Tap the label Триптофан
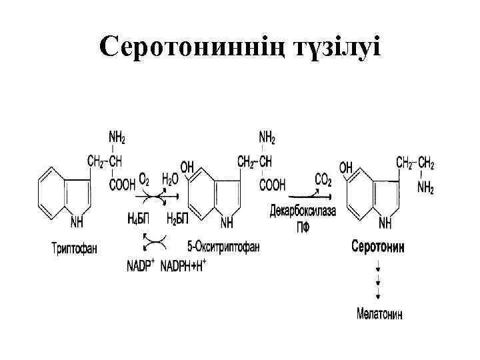(x=74, y=249)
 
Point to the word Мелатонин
(x=378, y=313)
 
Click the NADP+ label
(x=141, y=266)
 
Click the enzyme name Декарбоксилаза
(x=303, y=213)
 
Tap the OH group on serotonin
(x=345, y=168)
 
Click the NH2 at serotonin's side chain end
(x=426, y=189)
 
